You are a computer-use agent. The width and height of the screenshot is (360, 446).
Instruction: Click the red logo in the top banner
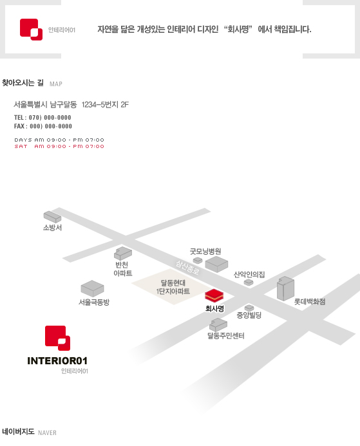(31, 30)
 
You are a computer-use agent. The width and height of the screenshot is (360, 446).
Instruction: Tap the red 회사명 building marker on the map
(214, 295)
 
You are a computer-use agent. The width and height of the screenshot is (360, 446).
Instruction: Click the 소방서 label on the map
(52, 228)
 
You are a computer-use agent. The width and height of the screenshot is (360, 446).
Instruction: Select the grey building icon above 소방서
(52, 217)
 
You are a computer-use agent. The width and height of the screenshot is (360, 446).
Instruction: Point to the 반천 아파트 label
(122, 269)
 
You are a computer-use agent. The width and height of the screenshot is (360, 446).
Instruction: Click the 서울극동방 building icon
(92, 289)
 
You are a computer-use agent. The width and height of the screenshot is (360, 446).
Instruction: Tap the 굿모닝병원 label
(205, 252)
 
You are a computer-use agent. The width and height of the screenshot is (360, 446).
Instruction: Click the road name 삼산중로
(187, 268)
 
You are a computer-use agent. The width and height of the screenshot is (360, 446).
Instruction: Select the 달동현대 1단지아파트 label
(173, 287)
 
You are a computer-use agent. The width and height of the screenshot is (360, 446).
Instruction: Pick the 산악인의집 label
(249, 274)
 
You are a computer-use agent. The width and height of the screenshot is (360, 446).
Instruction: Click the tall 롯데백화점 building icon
(285, 288)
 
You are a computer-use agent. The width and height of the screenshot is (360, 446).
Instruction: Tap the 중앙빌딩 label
(249, 315)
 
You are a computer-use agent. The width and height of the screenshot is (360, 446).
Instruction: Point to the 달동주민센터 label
(225, 336)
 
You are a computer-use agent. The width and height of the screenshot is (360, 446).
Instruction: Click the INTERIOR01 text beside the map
(57, 361)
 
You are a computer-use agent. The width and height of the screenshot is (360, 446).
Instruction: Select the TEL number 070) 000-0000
(50, 118)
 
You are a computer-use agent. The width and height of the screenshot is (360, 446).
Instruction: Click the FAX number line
(43, 126)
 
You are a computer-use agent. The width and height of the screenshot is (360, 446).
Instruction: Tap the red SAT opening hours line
(59, 147)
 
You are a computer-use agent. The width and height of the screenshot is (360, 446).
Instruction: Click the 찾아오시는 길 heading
(23, 83)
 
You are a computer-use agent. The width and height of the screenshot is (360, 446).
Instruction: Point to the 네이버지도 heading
(18, 431)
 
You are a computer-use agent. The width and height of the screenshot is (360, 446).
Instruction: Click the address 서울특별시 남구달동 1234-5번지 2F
(71, 105)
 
